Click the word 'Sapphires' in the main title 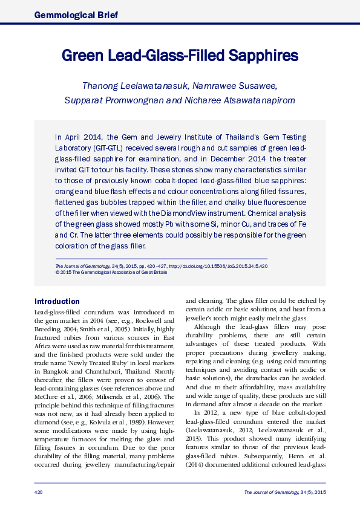[264, 56]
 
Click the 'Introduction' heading [57, 301]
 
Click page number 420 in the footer [38, 493]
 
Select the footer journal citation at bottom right [284, 493]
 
